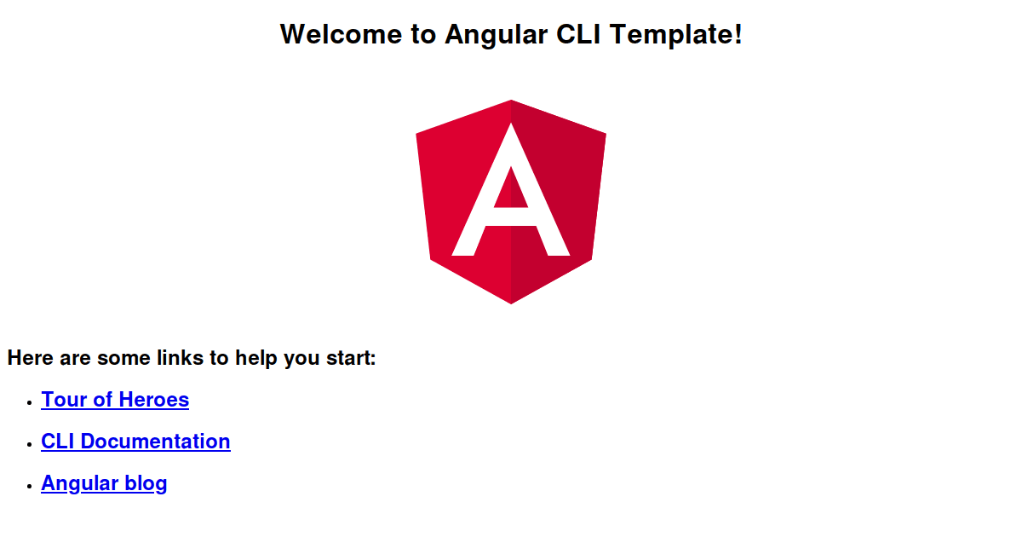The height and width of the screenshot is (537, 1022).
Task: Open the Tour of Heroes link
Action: pos(115,400)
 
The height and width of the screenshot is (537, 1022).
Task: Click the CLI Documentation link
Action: pos(135,442)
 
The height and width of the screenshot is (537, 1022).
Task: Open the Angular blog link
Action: pos(104,483)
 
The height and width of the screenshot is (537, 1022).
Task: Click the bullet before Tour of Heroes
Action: pos(29,401)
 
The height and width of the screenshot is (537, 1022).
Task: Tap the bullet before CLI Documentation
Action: pos(29,443)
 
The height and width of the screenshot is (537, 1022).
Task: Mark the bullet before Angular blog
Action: pos(29,485)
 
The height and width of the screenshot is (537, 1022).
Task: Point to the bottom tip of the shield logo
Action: pos(511,302)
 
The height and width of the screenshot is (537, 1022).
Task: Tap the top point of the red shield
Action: pos(511,102)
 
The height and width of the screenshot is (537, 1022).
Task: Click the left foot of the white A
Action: pos(462,248)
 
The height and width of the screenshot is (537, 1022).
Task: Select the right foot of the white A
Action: pos(560,248)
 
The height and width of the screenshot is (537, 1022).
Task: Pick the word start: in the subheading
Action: pos(351,358)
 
